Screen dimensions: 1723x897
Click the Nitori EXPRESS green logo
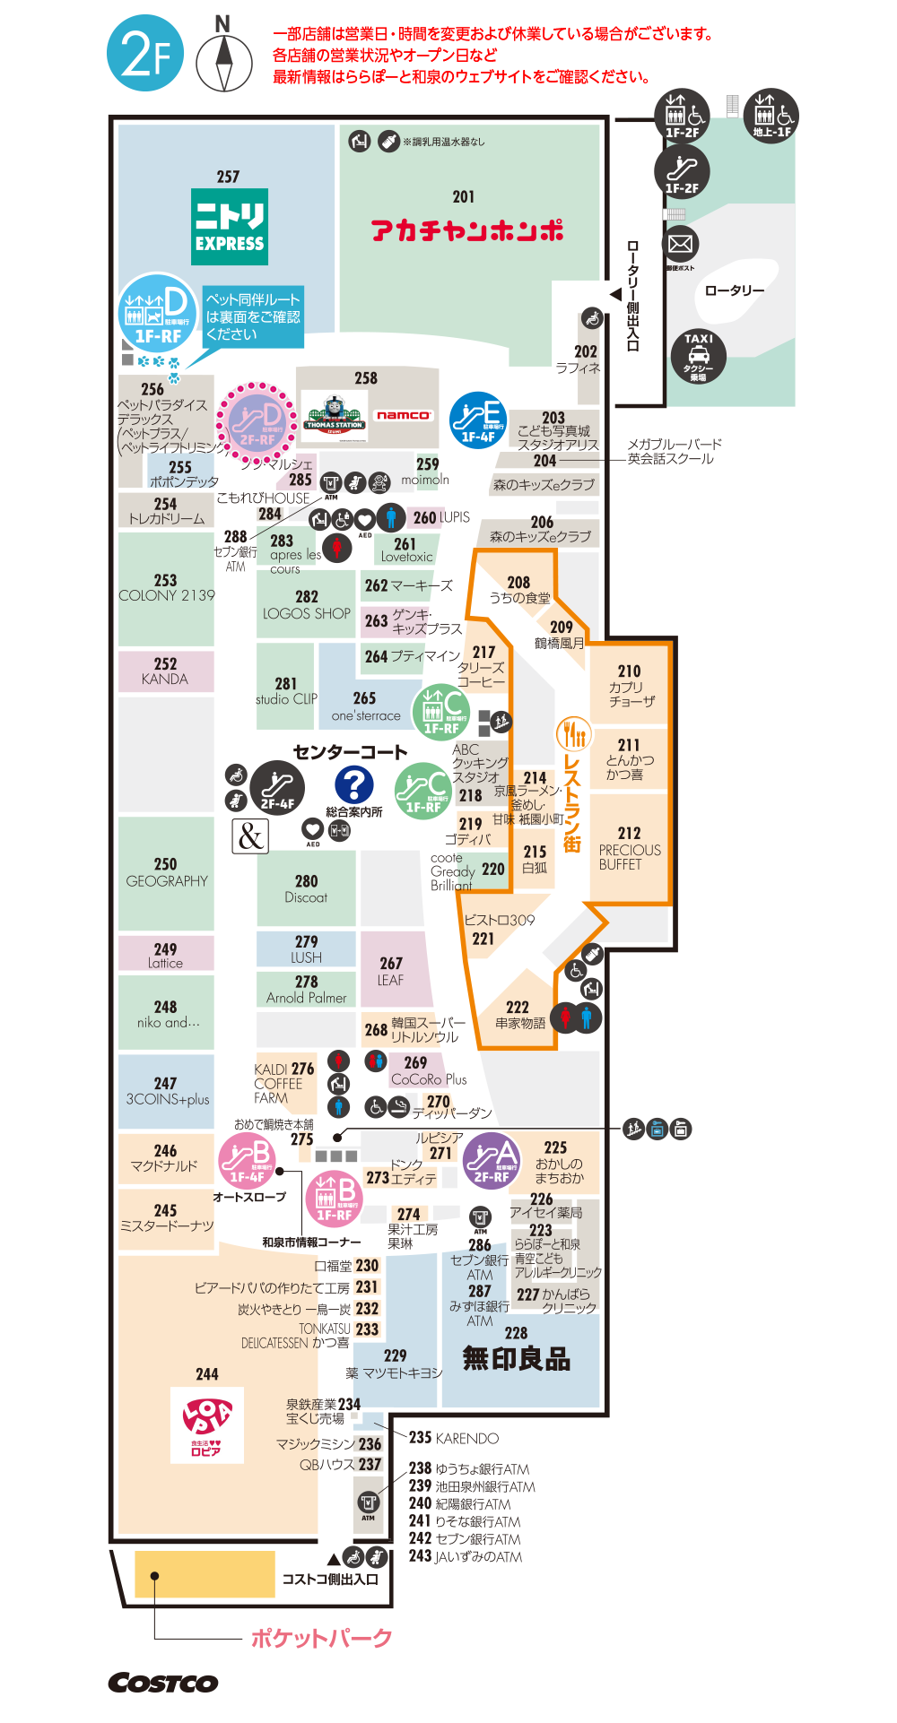point(230,226)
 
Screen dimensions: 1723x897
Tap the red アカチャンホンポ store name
point(467,230)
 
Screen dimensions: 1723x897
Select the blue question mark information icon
point(354,785)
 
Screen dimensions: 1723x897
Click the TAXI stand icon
point(698,356)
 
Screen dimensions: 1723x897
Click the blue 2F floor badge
point(145,54)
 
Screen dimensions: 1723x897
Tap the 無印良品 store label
point(516,1359)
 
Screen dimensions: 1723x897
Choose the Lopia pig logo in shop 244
point(207,1424)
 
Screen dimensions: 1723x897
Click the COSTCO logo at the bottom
point(163,1683)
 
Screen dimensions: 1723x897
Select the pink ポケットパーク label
point(321,1638)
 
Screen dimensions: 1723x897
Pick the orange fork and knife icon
point(572,733)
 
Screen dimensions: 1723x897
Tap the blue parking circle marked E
point(478,419)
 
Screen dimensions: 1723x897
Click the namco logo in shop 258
point(404,415)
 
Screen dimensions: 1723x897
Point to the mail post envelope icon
point(681,244)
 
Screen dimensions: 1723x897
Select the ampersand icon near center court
point(250,836)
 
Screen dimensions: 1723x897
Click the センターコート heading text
point(350,751)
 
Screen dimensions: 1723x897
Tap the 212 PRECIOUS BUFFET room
point(629,848)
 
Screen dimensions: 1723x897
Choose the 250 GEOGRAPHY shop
point(166,872)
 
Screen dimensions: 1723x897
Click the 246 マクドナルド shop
point(165,1157)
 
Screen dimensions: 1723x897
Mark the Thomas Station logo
point(334,416)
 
